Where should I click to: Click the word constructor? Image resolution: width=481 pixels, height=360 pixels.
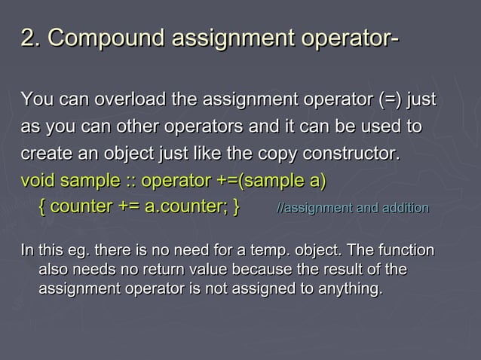coord(349,154)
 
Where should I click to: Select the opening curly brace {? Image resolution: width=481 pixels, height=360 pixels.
coord(42,206)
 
